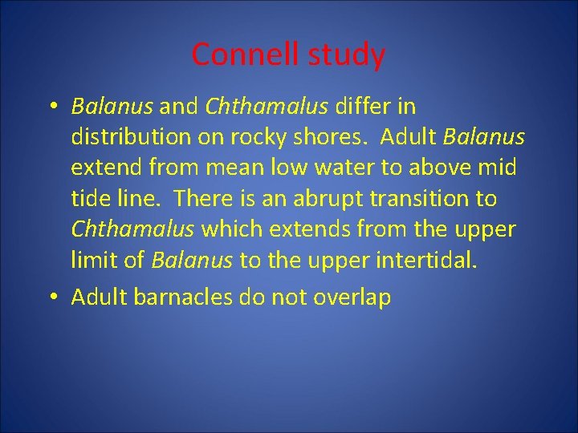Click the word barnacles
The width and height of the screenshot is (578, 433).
click(x=185, y=297)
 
